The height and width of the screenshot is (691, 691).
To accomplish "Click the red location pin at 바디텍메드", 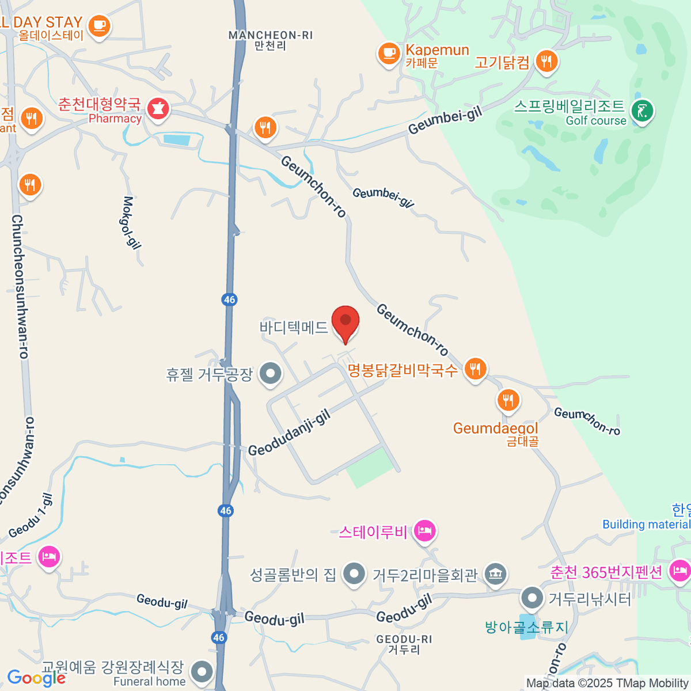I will coord(345,322).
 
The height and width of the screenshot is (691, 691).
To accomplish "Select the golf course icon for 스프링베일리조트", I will coord(642,111).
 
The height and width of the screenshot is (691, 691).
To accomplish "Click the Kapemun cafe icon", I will coord(389,54).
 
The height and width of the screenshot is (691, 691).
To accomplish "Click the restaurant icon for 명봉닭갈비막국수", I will coord(475,369).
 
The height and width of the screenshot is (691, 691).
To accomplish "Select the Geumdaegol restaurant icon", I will coord(508,400).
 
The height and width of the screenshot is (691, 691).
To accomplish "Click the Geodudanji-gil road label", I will coord(290,433).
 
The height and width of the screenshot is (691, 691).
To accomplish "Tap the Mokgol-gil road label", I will coord(131,223).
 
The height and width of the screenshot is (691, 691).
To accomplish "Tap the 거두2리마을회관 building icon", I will coord(495,574).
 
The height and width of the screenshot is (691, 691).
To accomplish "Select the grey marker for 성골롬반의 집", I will coord(353,574).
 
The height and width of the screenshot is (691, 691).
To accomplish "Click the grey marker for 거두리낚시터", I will coord(532,598).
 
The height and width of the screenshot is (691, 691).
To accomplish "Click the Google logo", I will coord(36,678).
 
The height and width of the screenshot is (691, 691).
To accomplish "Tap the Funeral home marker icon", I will coord(202,671).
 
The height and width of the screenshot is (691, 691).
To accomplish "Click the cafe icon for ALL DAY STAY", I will coord(100,25).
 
